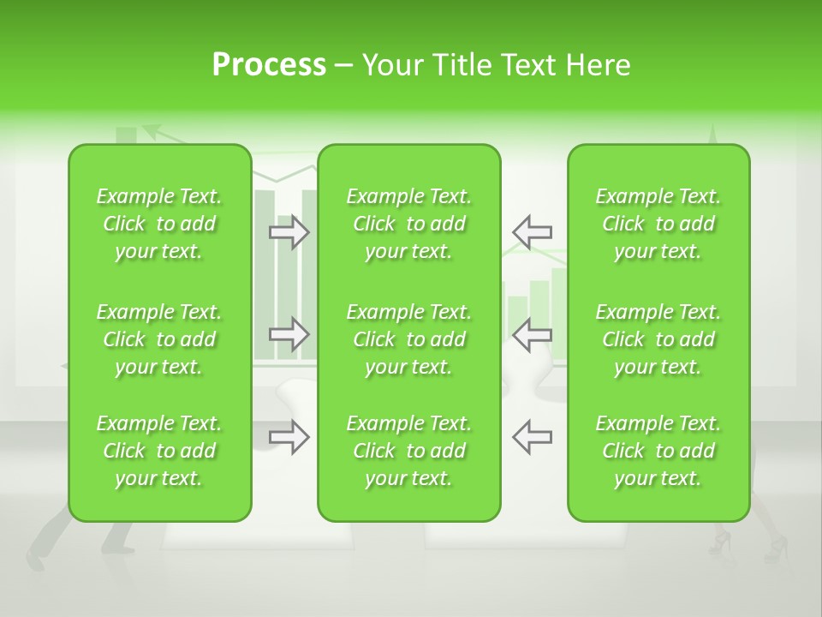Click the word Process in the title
coord(269,65)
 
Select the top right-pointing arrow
coord(289,232)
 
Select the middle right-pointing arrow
coord(289,333)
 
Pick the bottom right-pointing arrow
coord(289,437)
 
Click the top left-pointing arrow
coord(533,232)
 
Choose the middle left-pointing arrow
coord(533,333)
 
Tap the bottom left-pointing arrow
coord(533,437)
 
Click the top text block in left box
coord(159,224)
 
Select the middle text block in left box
coord(159,339)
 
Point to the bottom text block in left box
coord(159,451)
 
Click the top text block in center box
coord(408,224)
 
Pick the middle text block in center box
coord(408,339)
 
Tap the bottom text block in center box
coord(408,451)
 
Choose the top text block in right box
coord(658,224)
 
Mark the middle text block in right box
coord(658,339)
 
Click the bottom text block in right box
coord(658,451)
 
